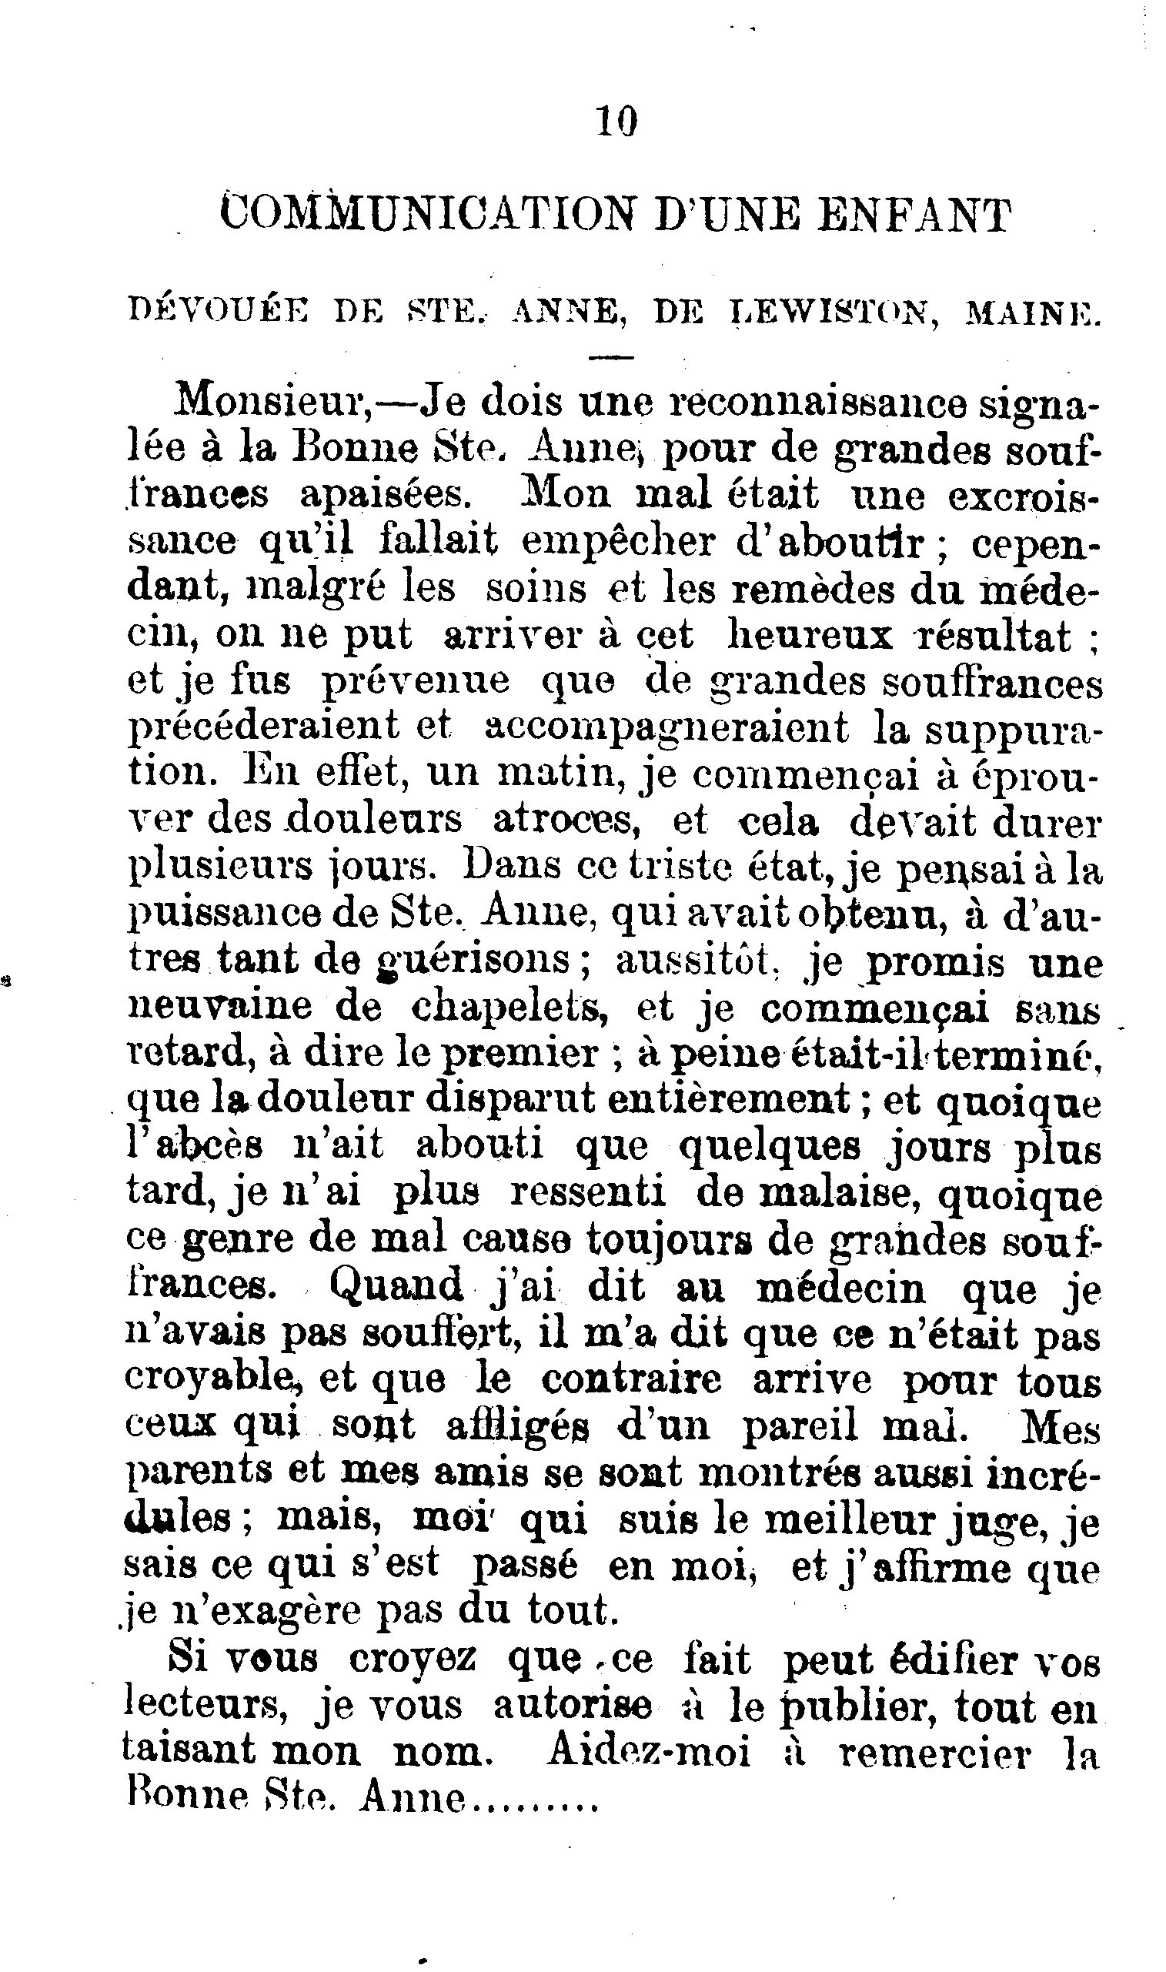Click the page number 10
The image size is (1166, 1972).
[616, 122]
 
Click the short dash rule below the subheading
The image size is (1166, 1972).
[610, 358]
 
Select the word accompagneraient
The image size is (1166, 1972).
[667, 727]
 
